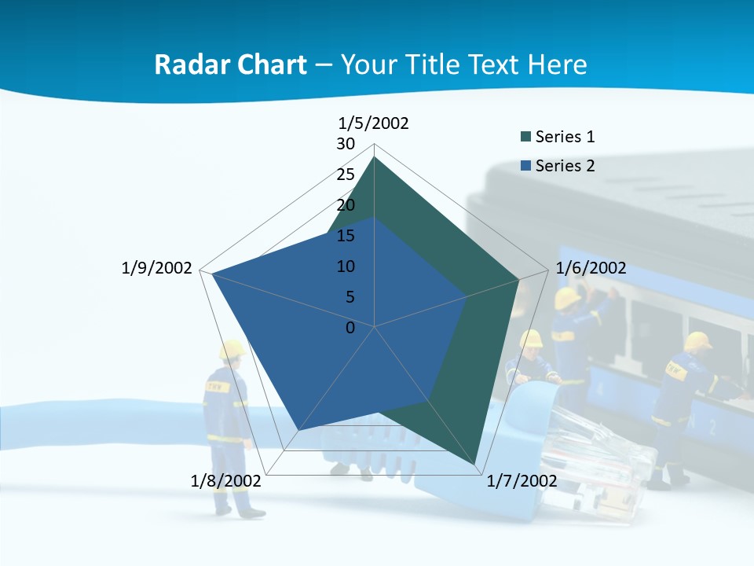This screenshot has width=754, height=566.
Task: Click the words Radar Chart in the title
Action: click(x=230, y=64)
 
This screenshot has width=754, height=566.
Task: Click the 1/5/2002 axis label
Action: click(x=374, y=123)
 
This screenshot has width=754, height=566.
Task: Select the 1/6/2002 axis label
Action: click(x=591, y=268)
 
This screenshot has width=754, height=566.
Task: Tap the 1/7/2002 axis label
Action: click(x=522, y=481)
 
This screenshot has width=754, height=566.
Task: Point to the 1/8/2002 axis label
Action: click(x=226, y=481)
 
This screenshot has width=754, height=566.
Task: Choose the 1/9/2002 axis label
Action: click(x=157, y=268)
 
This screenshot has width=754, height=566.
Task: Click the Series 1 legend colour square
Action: click(x=525, y=138)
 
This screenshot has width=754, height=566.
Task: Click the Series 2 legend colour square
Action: click(x=525, y=166)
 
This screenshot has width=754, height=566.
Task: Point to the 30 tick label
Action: click(x=346, y=144)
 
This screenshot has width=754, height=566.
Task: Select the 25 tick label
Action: click(x=346, y=175)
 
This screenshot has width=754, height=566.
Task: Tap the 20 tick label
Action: click(x=346, y=205)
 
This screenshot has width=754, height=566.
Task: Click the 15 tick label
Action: click(x=346, y=236)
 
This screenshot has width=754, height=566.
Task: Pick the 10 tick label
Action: click(x=346, y=266)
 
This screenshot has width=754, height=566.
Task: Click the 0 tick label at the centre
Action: click(x=350, y=328)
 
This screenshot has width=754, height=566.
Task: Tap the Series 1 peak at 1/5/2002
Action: click(x=374, y=157)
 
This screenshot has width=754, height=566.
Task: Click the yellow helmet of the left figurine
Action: click(x=232, y=349)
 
